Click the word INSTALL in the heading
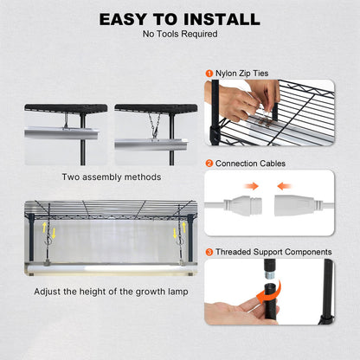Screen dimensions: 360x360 pos(222,19)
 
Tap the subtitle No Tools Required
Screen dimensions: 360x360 pos(180,34)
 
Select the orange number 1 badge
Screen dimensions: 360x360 pos(209,74)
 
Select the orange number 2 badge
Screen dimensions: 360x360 pos(209,164)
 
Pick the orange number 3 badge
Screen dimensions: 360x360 pos(209,252)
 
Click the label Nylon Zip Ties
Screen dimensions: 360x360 pos(242,74)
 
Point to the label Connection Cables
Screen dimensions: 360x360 pos(250,164)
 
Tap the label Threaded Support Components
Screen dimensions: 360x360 pos(273,252)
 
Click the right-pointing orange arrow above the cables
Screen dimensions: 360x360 pos(251,186)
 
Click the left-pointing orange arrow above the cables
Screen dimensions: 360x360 pos(285,186)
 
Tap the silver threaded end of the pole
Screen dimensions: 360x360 pos(270,274)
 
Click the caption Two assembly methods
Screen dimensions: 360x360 pos(112,177)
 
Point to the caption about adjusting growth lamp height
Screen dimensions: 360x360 pos(111,292)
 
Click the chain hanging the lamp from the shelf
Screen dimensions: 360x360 pos(155,125)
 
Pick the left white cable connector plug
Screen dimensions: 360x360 pos(242,205)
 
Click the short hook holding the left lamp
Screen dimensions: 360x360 pos(66,120)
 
